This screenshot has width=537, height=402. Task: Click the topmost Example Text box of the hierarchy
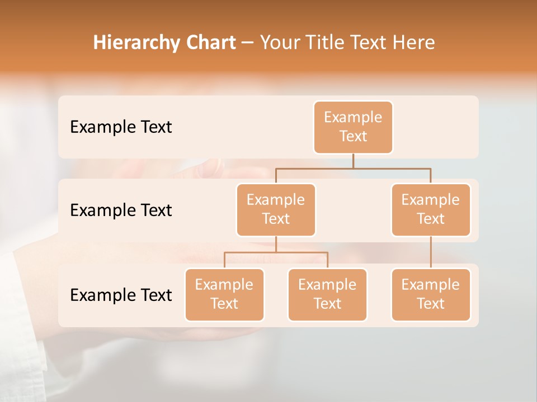coord(353,127)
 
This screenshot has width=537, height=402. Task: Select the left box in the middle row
coord(276,209)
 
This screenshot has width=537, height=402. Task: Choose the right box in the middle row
coord(431,209)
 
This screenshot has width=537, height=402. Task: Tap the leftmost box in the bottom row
coord(224,294)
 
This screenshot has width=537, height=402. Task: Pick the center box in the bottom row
coord(327,294)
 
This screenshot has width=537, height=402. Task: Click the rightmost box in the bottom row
coord(431,294)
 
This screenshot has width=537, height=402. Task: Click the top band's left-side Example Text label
coord(121,127)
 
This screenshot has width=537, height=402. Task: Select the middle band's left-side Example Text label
coord(121,210)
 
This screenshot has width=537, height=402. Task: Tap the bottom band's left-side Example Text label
coord(121,295)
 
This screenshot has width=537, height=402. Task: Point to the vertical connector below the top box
coord(353,161)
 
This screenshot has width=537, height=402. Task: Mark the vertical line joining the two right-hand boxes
coord(431,252)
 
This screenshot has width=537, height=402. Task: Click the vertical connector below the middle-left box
coord(276,244)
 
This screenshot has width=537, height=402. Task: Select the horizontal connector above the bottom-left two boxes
coord(276,252)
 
